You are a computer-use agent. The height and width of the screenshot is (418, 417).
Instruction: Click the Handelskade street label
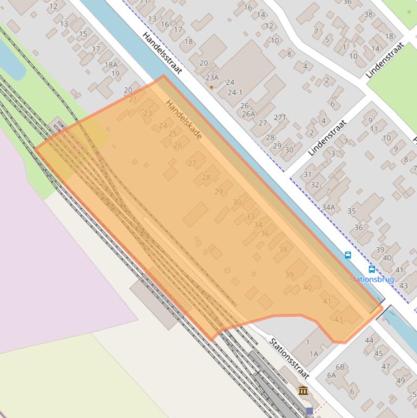point(184,119)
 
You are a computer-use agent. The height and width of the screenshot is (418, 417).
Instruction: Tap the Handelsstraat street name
point(162,53)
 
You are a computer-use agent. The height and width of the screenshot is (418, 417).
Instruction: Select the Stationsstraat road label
point(289,358)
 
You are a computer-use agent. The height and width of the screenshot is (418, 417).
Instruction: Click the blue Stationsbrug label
point(371,279)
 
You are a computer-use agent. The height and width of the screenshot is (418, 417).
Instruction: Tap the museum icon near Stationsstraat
point(303,390)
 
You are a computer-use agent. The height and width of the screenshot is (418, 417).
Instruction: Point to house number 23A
point(212,78)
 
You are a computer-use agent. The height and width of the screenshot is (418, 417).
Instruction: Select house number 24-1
point(235,92)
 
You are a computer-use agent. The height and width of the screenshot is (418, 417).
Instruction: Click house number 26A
point(248,114)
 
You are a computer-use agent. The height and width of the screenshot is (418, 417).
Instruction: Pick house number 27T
point(280,117)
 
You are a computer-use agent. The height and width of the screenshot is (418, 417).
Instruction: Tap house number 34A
point(328,207)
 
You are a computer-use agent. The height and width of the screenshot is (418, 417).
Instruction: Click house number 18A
point(111,65)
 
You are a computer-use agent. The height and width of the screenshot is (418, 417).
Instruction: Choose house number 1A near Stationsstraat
point(314,353)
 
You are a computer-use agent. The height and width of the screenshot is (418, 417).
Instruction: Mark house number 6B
point(340,367)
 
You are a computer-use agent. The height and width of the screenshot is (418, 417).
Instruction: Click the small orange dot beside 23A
point(211,87)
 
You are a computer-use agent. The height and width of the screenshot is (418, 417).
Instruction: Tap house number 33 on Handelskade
point(250,217)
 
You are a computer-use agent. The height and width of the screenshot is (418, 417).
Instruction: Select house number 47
point(386,366)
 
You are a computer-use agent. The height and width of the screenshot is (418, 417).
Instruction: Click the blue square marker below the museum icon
point(309,411)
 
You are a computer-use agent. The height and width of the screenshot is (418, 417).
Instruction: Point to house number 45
point(378,353)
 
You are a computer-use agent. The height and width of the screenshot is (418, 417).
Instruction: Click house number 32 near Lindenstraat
point(315,185)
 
